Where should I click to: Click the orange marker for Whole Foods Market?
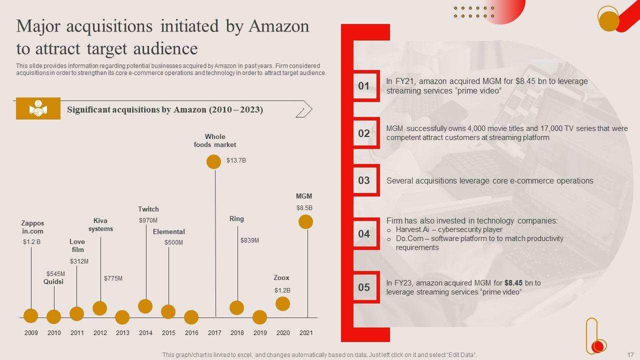click(213, 161)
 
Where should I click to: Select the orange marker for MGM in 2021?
click(305, 221)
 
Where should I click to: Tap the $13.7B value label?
click(236, 160)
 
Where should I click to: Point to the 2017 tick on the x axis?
click(214, 332)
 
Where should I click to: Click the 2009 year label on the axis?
click(31, 332)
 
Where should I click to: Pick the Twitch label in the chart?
click(148, 209)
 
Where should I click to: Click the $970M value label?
click(148, 220)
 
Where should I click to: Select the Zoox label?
click(281, 277)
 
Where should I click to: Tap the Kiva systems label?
click(100, 224)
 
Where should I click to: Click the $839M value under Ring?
click(249, 240)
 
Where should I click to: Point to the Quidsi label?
click(53, 281)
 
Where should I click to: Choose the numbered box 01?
click(363, 86)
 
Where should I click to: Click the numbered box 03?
click(363, 180)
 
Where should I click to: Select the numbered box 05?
click(363, 287)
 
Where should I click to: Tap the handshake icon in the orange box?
click(38, 108)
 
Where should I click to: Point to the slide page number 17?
click(630, 354)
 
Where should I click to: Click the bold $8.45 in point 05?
click(513, 283)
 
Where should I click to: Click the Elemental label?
click(168, 231)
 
